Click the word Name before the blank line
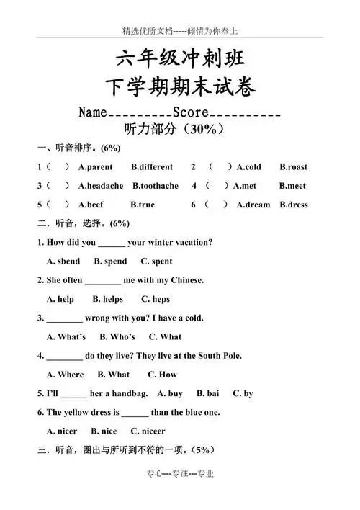tap(92, 113)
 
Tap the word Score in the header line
tap(191, 113)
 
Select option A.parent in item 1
tap(95, 167)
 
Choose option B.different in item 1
tap(152, 167)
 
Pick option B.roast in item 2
tap(293, 167)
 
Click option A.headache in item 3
tap(100, 186)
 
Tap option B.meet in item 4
tap(292, 186)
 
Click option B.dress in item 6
tap(293, 205)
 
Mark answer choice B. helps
tap(108, 299)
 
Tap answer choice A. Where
tap(66, 375)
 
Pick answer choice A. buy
tap(170, 393)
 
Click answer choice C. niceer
tap(148, 431)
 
